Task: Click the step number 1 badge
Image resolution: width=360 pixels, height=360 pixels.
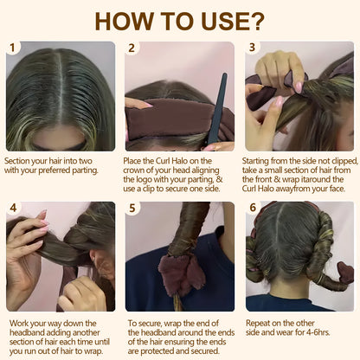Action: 13,48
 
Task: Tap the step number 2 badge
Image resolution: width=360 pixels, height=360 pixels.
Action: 132,48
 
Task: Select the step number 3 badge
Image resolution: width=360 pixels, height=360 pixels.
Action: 253,48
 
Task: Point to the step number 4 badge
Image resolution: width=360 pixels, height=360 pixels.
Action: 13,209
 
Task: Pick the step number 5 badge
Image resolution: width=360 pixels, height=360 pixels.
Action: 132,209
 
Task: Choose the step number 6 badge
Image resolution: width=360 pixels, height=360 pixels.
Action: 253,209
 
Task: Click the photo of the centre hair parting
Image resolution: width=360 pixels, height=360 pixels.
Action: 61,96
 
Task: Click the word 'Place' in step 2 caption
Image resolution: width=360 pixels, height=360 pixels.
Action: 138,161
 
